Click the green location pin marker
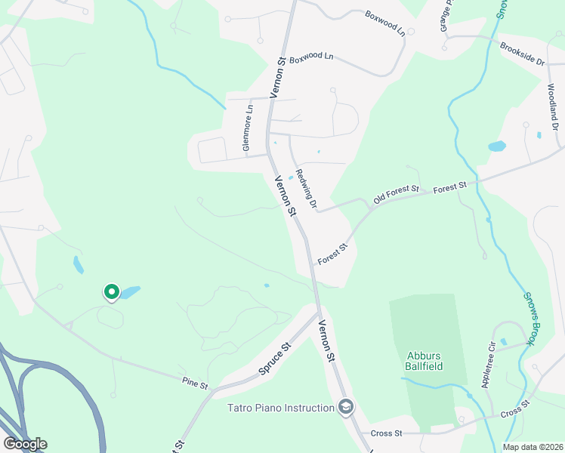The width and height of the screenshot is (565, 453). click(x=112, y=291)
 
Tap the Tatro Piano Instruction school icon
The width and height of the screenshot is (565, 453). click(x=346, y=408)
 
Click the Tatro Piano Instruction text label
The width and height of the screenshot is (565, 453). click(x=281, y=408)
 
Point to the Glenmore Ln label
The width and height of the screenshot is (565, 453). click(x=248, y=128)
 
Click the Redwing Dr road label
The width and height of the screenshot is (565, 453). click(x=305, y=188)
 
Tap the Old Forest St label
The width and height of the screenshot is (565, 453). click(x=397, y=193)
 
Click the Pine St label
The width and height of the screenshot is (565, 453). click(x=195, y=383)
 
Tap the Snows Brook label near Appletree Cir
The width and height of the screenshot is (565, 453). click(x=529, y=320)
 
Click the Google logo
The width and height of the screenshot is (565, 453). click(x=25, y=444)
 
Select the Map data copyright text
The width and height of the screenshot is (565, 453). click(x=532, y=447)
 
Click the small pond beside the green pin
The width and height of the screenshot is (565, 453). click(x=129, y=291)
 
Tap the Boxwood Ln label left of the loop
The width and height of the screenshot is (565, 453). click(x=311, y=57)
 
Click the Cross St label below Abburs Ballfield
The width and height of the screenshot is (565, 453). click(x=386, y=433)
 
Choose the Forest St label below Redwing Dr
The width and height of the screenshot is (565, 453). click(x=332, y=254)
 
